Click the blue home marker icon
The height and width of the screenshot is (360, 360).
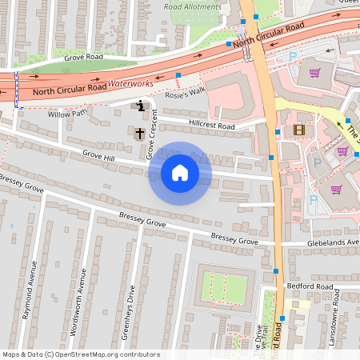(180, 172)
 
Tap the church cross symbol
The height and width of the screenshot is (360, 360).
(139, 132)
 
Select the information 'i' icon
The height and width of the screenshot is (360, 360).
(141, 105)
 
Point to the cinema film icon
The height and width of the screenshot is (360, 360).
(299, 130)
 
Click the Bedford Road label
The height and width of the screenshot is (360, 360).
(313, 286)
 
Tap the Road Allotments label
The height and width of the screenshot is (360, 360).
(192, 6)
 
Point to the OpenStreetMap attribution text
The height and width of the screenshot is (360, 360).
(81, 354)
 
